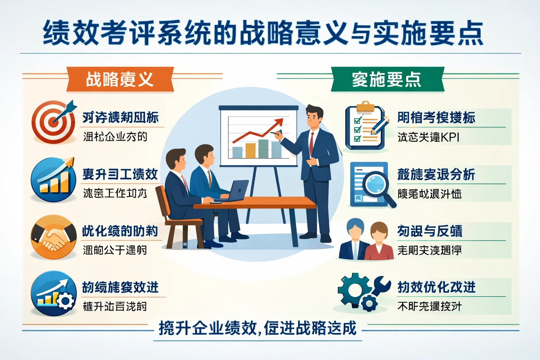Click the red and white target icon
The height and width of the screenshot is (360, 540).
click(x=53, y=122)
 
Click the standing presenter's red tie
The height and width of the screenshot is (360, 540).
click(x=311, y=143)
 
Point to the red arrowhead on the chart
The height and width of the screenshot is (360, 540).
click(x=279, y=122)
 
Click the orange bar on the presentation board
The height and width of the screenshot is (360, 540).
click(x=250, y=150)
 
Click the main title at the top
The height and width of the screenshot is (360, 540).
click(x=263, y=33)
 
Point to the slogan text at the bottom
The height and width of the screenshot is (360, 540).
click(x=257, y=328)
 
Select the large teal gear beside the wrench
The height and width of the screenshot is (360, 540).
click(x=353, y=288)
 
